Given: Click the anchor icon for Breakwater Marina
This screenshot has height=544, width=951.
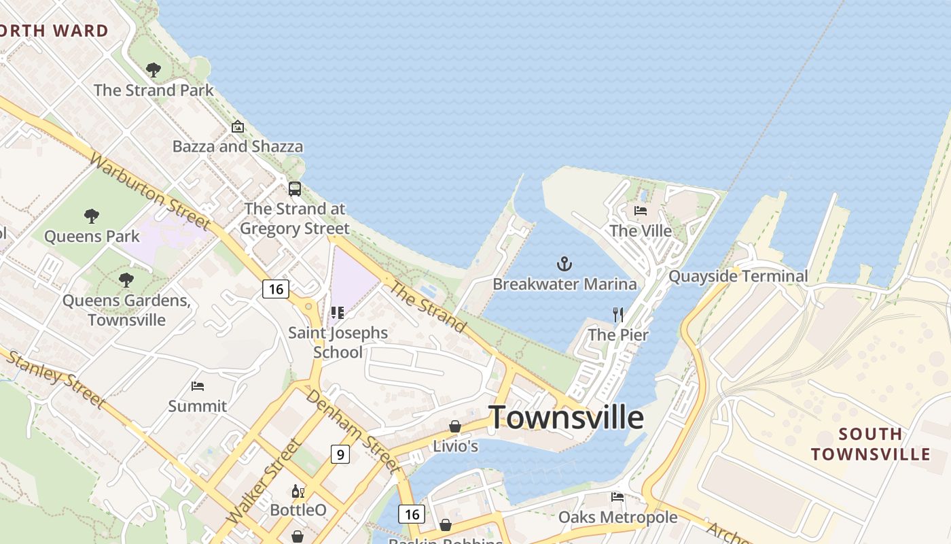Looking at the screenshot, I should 564,263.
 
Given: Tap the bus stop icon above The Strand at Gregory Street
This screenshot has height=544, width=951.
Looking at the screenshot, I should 294,189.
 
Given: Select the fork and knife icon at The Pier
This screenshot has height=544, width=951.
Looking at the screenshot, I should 617,314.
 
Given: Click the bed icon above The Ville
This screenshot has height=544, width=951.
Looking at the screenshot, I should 641,211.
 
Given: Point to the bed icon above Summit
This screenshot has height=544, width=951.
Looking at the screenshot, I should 198,386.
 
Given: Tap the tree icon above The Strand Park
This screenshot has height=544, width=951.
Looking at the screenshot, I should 154,69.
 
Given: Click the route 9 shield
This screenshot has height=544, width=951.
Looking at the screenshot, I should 340,454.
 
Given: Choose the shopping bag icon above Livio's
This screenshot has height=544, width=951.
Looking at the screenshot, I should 455,426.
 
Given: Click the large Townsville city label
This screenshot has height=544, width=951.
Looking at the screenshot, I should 566,416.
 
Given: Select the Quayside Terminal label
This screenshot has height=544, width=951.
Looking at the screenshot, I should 738,276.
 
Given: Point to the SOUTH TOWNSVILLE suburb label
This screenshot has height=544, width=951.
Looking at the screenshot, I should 870,444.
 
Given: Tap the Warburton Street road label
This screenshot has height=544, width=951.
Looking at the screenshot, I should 149,192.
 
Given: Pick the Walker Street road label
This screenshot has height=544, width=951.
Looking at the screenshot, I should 265,481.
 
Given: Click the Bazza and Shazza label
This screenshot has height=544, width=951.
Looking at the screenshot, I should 238,146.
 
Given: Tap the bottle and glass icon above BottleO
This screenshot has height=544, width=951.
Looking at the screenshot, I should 298,491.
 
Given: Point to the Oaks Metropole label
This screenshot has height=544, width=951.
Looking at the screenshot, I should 617,517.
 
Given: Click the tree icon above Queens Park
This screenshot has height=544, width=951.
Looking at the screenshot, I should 92,216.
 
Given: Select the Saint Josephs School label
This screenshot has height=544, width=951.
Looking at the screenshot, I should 338,342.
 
